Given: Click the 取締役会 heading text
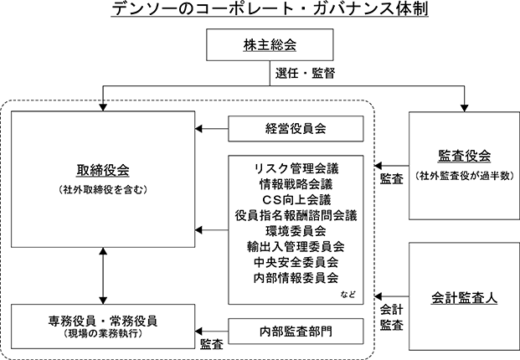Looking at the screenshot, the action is click(x=103, y=171).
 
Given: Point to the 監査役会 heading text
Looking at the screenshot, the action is click(x=464, y=156).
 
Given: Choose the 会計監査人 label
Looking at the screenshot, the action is click(x=464, y=298).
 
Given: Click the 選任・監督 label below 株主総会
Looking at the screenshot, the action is click(x=305, y=74).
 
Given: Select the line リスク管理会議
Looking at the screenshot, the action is click(x=296, y=169).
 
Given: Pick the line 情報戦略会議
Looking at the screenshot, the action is click(x=296, y=184).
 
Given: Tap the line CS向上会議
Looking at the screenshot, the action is click(x=296, y=200).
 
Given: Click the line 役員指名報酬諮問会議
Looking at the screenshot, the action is click(x=296, y=215).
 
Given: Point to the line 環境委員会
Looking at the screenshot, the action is click(x=296, y=231).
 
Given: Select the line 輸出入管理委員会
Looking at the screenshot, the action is click(x=296, y=247).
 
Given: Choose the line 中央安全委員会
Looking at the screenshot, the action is click(x=296, y=262).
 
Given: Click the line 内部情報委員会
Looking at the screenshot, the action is click(x=296, y=278).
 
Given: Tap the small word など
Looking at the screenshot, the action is click(x=348, y=294).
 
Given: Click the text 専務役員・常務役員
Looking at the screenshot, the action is click(x=103, y=321).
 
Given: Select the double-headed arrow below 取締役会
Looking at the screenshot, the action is click(x=103, y=275).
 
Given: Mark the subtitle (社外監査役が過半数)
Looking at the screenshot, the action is click(x=464, y=176).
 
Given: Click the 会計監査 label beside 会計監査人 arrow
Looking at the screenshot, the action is click(x=392, y=317).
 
